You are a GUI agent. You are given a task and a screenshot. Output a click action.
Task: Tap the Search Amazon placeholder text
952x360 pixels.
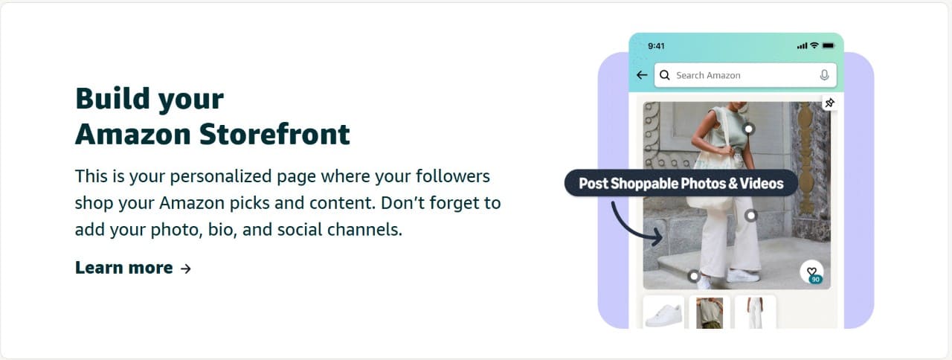pyautogui.click(x=708, y=75)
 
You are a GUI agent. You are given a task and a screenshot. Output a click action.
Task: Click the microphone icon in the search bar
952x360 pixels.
pyautogui.click(x=824, y=75)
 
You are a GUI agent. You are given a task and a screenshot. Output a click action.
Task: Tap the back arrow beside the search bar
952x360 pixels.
pyautogui.click(x=642, y=75)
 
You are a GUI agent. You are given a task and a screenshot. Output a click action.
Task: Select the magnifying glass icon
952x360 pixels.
pyautogui.click(x=665, y=75)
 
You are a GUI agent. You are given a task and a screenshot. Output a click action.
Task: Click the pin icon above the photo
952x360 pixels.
pyautogui.click(x=829, y=103)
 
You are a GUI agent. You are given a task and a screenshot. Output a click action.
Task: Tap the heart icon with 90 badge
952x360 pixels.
pyautogui.click(x=811, y=272)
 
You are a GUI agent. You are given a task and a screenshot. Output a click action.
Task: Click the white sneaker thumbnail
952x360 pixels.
pyautogui.click(x=663, y=312)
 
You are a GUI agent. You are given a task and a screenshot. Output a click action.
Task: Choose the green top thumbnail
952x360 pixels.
pyautogui.click(x=710, y=312)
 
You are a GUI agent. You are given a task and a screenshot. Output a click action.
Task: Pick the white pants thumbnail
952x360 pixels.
pyautogui.click(x=755, y=312)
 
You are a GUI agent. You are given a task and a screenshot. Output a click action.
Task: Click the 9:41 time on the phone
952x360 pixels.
pyautogui.click(x=656, y=46)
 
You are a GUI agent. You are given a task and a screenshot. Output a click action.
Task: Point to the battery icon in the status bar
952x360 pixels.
pyautogui.click(x=828, y=46)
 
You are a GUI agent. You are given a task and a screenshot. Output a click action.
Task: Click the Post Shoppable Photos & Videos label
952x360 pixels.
pyautogui.click(x=681, y=183)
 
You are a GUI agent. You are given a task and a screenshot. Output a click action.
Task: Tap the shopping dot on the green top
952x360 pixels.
pyautogui.click(x=749, y=129)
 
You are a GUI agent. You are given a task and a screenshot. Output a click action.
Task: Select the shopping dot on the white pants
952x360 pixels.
pyautogui.click(x=751, y=216)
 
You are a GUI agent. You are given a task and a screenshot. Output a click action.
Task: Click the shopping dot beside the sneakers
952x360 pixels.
pyautogui.click(x=694, y=276)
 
